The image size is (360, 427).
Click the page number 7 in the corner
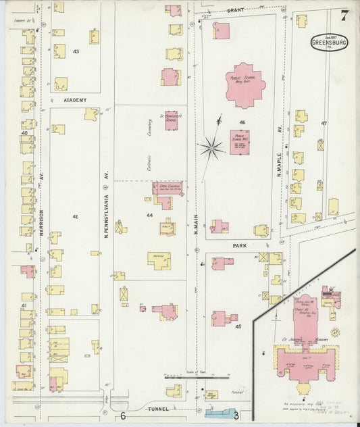click(344, 14)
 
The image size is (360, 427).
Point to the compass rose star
click(212, 147)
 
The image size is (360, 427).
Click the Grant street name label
click(235, 11)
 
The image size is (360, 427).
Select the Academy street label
click(76, 100)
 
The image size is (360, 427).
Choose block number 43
click(76, 51)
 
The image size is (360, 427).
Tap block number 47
click(324, 123)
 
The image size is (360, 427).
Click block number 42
click(76, 216)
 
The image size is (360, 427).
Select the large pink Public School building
click(245, 84)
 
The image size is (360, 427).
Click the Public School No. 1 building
click(238, 143)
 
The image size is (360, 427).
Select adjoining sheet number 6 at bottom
click(124, 416)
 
